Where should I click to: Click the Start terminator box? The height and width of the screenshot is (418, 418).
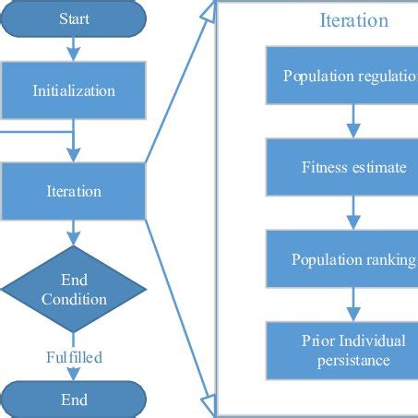click(74, 18)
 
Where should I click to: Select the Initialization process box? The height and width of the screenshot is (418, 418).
click(74, 90)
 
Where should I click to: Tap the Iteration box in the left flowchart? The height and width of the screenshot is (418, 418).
click(74, 191)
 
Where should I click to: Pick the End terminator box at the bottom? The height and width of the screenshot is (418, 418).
click(74, 400)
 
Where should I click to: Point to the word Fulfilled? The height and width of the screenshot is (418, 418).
click(74, 356)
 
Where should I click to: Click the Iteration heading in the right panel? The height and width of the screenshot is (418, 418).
click(353, 20)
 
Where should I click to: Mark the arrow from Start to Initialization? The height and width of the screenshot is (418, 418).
click(74, 50)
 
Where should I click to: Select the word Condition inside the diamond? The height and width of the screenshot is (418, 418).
click(74, 300)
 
